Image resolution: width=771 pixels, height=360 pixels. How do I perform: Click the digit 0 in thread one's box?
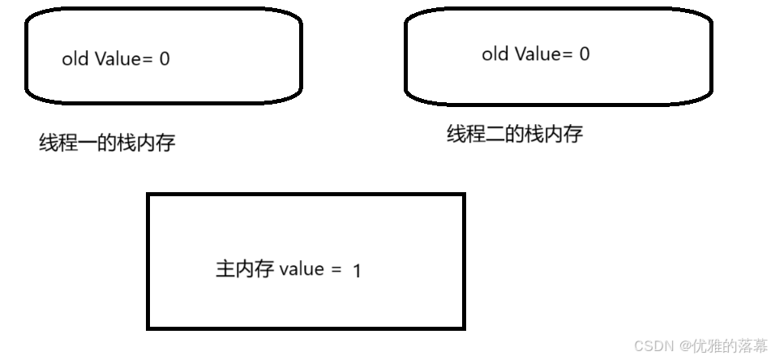point(165,59)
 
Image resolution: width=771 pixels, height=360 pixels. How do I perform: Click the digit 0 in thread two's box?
point(584,54)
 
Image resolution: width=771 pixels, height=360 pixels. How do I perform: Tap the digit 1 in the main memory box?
point(357,271)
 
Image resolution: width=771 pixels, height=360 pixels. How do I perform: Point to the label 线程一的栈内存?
point(107,144)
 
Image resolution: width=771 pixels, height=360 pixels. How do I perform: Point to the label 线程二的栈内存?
point(515,134)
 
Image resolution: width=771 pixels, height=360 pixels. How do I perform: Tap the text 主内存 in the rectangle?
point(245,269)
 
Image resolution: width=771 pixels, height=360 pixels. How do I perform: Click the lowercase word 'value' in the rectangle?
point(302,269)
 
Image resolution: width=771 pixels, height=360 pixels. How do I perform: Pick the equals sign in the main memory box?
point(336,270)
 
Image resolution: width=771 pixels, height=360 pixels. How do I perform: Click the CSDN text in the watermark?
point(649,346)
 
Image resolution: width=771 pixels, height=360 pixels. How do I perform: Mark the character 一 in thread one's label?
point(88,144)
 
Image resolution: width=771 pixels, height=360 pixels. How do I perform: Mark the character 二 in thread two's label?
point(495,134)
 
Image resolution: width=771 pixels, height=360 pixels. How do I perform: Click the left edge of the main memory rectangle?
point(148,261)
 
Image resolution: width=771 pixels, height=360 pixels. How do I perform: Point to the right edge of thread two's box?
point(713,57)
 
